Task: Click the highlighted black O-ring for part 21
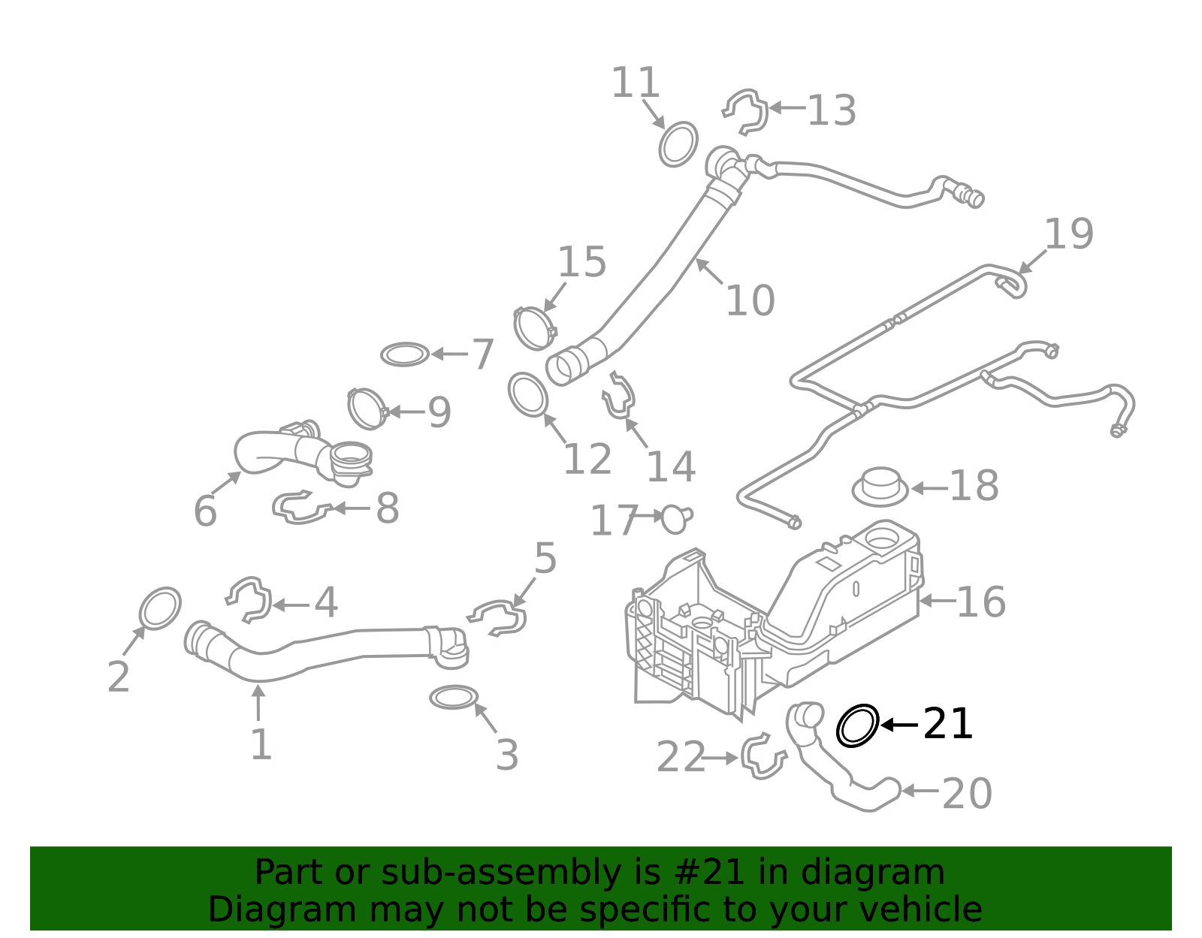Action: (x=857, y=725)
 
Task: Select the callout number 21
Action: (x=947, y=724)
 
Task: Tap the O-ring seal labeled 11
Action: (x=678, y=143)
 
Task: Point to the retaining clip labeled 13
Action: (x=747, y=111)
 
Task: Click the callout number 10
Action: (x=749, y=300)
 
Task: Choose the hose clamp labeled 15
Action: (x=534, y=327)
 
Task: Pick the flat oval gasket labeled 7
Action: (x=405, y=354)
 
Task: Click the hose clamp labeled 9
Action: (x=367, y=409)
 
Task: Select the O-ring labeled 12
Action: (x=527, y=394)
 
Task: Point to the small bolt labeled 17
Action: (x=676, y=518)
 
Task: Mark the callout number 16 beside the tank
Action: (x=980, y=602)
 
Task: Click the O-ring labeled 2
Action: (x=160, y=608)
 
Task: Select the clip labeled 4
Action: (x=249, y=599)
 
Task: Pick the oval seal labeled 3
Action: (x=454, y=697)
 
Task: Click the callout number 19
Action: (x=1068, y=234)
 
